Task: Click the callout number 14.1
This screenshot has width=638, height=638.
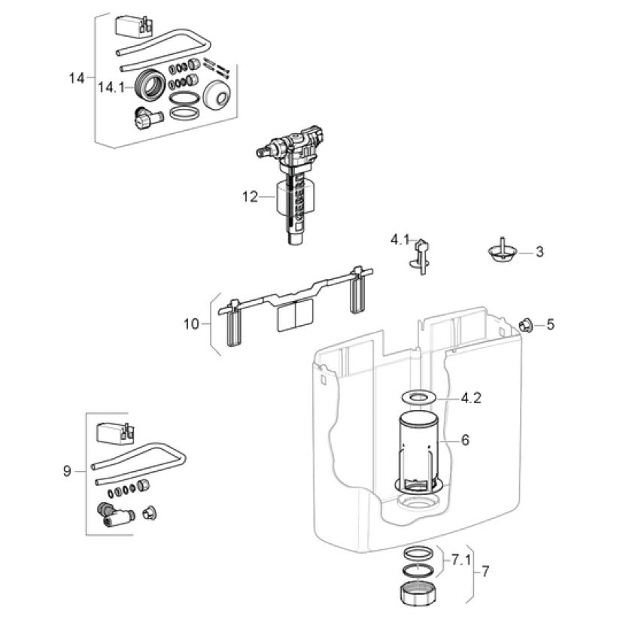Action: pos(111,87)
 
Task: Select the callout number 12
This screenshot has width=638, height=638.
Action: pos(251,197)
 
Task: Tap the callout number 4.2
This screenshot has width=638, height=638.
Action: pos(471,397)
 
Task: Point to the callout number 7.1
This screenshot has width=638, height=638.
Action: pos(460,561)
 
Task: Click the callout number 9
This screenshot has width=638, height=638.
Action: pos(67,471)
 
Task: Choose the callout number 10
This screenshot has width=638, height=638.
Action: pos(191,324)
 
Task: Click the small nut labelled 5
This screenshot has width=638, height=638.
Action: pos(526,325)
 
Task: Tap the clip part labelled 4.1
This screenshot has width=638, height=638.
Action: pos(421,257)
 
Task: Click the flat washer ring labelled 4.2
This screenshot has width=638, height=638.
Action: pos(418,397)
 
